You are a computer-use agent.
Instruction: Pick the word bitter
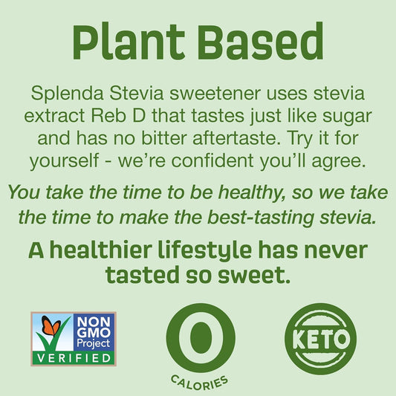191,139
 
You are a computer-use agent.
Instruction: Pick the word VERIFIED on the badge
73,358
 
